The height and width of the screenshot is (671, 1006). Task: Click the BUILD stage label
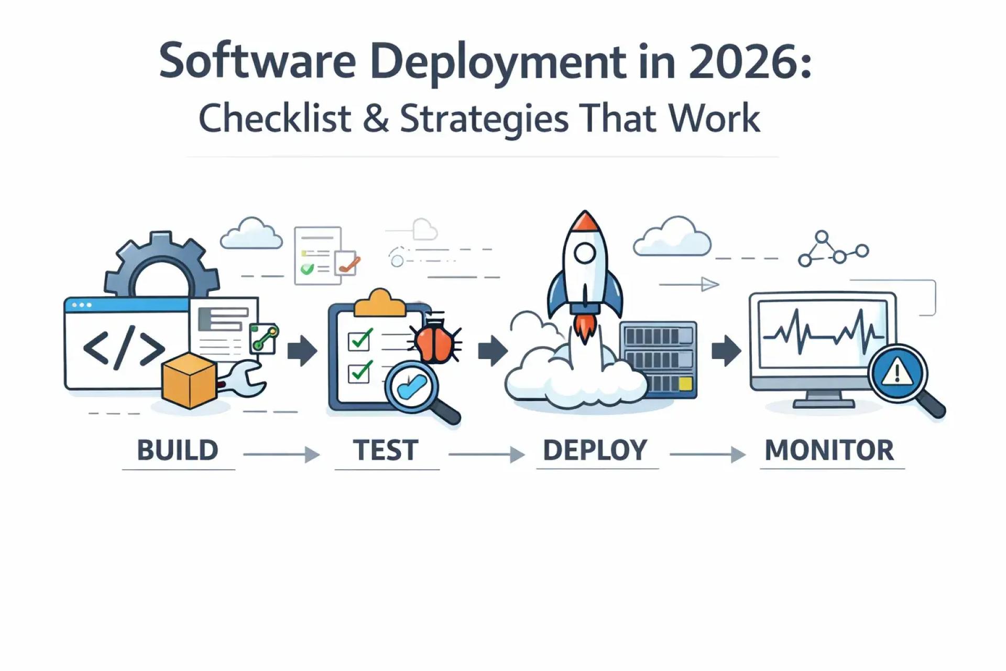[x=178, y=450]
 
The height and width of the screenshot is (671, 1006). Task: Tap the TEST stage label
[x=386, y=450]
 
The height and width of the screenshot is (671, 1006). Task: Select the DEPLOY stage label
[x=595, y=450]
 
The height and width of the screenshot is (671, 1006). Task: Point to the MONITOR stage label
[x=829, y=450]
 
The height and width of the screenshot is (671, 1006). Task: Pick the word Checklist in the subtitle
[x=275, y=118]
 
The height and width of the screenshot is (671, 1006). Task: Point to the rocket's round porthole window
[x=585, y=254]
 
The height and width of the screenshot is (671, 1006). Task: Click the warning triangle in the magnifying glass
[x=898, y=373]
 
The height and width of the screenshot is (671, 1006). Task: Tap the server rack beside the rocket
[x=659, y=360]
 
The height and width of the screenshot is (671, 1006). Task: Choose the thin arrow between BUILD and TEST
[x=281, y=454]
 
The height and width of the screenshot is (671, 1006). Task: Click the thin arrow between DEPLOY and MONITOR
[x=707, y=454]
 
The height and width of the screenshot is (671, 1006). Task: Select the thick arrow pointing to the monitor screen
[x=726, y=351]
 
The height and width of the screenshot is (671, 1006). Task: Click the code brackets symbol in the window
[x=124, y=348]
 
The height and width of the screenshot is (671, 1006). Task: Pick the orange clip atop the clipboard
[x=380, y=304]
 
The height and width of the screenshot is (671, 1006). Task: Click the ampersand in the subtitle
[x=375, y=118]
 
